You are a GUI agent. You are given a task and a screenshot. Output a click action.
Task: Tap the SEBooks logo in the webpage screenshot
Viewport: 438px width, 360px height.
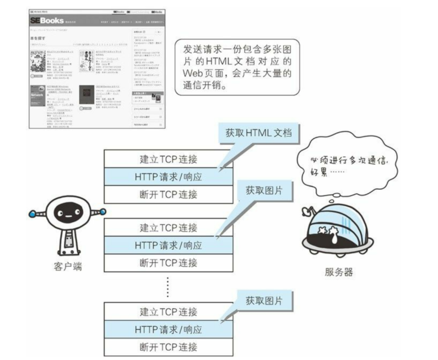[x=49, y=20]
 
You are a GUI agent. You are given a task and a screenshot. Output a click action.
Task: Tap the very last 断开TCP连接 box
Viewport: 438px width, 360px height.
[x=168, y=347]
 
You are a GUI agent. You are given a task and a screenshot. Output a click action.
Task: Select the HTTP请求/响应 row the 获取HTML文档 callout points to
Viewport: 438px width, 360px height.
[x=168, y=177]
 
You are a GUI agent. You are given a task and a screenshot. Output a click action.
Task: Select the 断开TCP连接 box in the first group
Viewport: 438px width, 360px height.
[x=168, y=194]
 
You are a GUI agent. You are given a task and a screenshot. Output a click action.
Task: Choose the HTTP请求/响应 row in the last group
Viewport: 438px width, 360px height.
[x=168, y=330]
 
